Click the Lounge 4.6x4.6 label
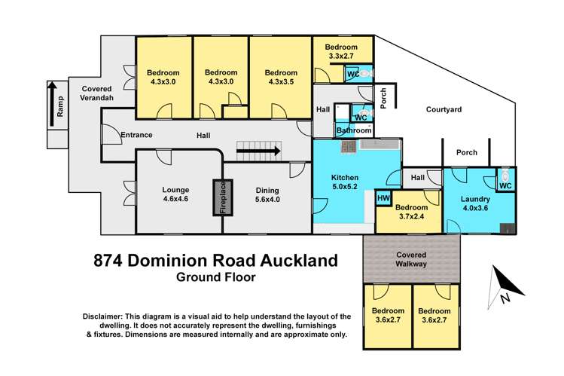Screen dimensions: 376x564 [x=174, y=195]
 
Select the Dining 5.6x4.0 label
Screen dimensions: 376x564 [x=268, y=195]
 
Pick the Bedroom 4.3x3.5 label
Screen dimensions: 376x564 [x=281, y=77]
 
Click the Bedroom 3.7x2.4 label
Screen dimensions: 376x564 [x=412, y=212]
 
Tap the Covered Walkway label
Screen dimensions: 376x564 [x=411, y=260]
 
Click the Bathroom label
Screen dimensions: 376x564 [x=353, y=130]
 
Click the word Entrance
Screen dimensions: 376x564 [x=136, y=136]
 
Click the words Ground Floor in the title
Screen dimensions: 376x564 [x=215, y=277]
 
